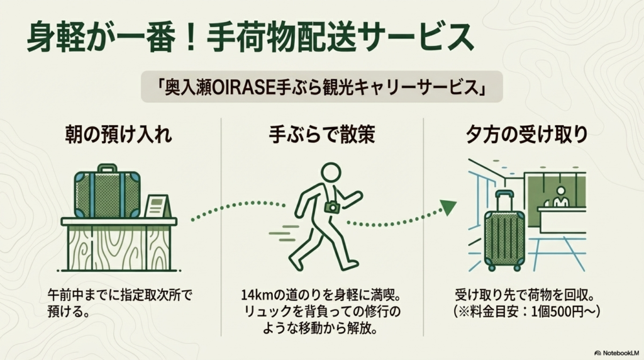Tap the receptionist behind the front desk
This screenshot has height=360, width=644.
[x=560, y=196]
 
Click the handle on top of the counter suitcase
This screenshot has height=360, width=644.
[x=107, y=168]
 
